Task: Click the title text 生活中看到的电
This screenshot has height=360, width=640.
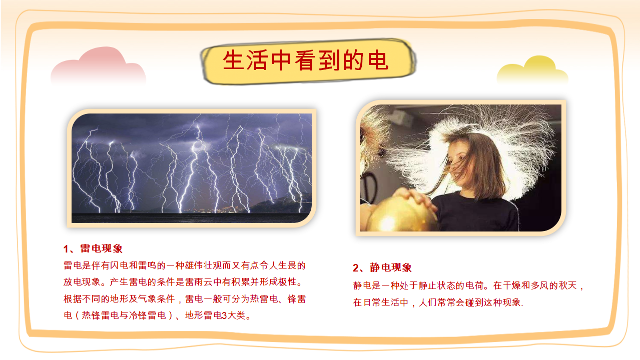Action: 306,60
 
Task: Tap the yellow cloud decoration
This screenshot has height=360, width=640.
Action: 532,70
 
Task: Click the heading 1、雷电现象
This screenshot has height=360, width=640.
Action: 93,248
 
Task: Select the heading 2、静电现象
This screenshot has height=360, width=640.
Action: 382,267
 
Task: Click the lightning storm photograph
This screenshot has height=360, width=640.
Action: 192,168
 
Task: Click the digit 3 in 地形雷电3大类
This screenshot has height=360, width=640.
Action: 224,315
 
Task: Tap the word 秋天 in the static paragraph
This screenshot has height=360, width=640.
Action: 568,285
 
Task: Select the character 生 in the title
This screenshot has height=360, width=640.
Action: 234,60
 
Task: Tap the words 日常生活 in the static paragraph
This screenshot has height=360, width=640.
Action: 386,302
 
